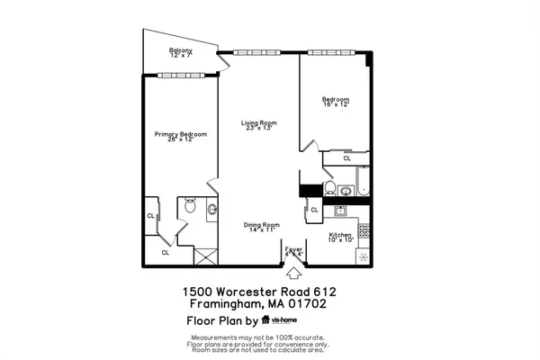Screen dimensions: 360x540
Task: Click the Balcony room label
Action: point(181,53)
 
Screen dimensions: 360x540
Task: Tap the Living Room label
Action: point(257,125)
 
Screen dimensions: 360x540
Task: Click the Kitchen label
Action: point(341,238)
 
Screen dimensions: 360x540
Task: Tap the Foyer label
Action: point(293,251)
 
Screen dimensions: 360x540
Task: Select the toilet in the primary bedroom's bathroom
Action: point(188,208)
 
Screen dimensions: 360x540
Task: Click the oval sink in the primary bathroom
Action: point(212,211)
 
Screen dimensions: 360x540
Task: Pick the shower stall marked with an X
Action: point(205,256)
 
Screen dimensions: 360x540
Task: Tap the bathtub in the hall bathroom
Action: point(362,182)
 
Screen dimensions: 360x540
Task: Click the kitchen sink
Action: point(341,211)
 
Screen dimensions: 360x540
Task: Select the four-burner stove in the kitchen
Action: point(364,230)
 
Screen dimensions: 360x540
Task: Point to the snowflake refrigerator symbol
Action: point(364,256)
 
